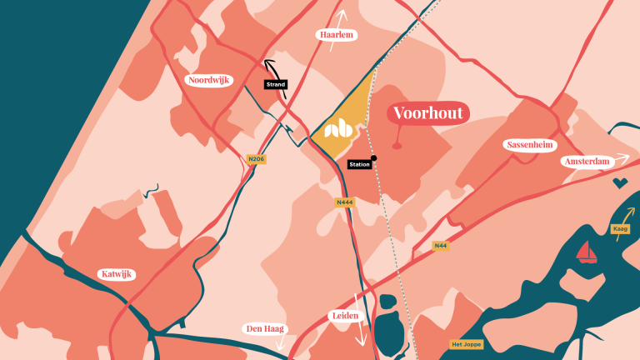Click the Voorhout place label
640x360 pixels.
tap(427, 113)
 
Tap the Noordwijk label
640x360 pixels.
tap(209, 80)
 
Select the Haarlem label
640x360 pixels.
tap(337, 35)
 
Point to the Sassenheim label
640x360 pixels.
tap(530, 145)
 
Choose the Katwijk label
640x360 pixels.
tap(116, 274)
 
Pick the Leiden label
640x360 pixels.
tap(344, 317)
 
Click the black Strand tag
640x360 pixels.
tap(275, 84)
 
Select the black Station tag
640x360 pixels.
tap(359, 164)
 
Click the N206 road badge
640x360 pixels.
tap(257, 158)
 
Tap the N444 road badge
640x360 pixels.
tap(345, 202)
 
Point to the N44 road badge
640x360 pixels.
tap(441, 246)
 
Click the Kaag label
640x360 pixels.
tap(620, 228)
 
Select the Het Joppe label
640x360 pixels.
tap(466, 344)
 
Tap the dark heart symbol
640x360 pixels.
tap(620, 182)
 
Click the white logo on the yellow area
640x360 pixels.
tap(338, 129)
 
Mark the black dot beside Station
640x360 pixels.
tap(374, 157)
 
